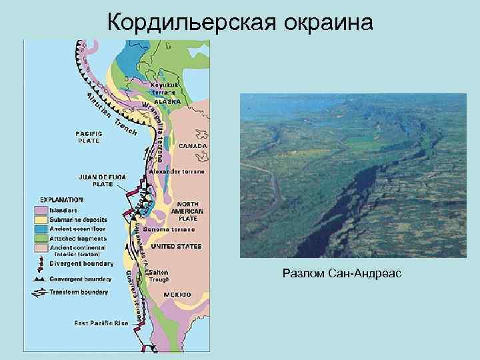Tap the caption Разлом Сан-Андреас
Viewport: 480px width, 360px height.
[x=341, y=273]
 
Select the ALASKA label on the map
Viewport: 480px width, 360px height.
[x=167, y=101]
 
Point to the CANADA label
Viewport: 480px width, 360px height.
[x=193, y=145]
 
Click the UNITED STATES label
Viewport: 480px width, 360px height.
[x=176, y=246]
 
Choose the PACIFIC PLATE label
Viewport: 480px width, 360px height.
[x=88, y=137]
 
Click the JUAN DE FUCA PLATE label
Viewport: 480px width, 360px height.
[x=102, y=181]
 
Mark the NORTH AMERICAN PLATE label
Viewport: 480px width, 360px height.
[x=188, y=211]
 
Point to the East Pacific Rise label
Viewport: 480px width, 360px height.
[x=101, y=323]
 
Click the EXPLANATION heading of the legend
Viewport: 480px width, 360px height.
[x=62, y=199]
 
